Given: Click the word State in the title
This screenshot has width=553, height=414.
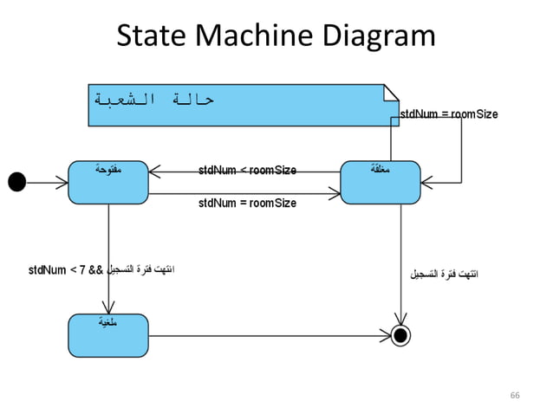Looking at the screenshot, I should point(152,36).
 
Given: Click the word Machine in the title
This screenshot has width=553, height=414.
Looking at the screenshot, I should point(253,36).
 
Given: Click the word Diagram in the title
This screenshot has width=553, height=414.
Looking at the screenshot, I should point(379,36).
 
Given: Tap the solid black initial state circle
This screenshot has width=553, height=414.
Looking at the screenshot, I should point(16,181).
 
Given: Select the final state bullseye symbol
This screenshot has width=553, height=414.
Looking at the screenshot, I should point(400,334).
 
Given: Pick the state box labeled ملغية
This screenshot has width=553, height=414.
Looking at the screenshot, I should point(108,334).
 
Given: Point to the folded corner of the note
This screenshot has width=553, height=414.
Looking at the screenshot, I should point(392,90).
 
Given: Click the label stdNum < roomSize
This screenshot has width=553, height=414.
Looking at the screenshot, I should point(247,170).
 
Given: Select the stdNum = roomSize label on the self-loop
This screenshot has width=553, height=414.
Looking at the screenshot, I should point(449,114).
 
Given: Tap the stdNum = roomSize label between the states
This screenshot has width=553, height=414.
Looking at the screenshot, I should point(247,203).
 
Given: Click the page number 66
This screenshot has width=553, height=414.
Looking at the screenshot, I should point(515,395).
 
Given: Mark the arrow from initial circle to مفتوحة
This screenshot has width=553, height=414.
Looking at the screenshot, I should point(47,181).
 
